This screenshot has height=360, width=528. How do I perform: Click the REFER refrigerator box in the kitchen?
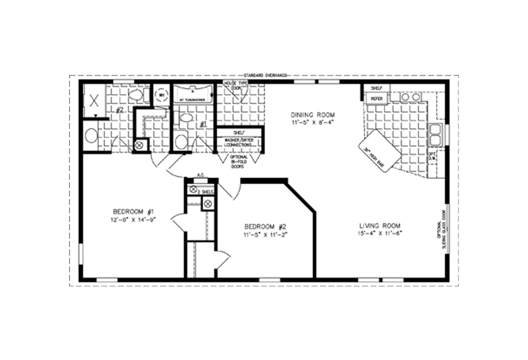pos(376,99)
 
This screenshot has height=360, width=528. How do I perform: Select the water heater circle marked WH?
pos(161,95)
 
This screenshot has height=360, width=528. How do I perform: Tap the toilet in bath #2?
pos(136,94)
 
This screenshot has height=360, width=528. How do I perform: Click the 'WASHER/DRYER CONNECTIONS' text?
pos(239,142)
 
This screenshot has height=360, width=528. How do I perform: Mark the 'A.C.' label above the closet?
pos(201,176)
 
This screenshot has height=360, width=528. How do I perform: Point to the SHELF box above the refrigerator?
pos(375,88)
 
